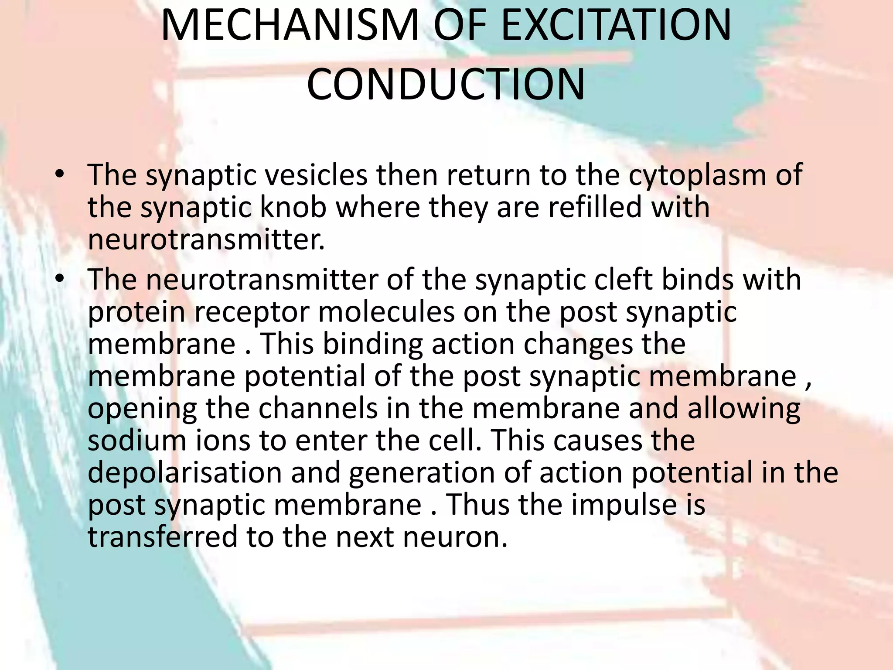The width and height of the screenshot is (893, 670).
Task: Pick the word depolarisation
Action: [x=185, y=474]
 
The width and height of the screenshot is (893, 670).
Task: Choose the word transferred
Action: [x=163, y=537]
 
